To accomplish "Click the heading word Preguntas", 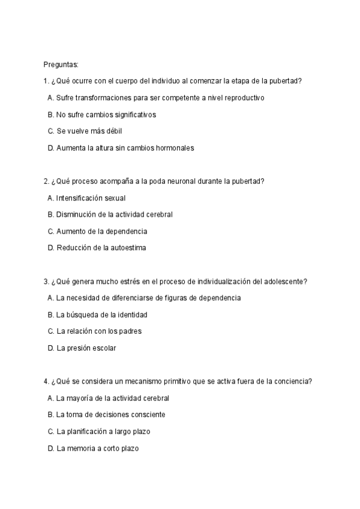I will tap(61, 64).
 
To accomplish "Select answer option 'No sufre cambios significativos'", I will tap(106, 114).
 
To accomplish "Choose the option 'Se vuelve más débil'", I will tap(89, 131).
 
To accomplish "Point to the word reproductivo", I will tap(242, 97).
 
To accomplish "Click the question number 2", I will tap(46, 181).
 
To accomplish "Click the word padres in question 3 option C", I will tap(130, 331).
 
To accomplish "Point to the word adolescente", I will tap(284, 281).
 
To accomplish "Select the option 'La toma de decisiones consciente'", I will tap(110, 414).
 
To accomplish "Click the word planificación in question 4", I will tap(86, 431).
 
